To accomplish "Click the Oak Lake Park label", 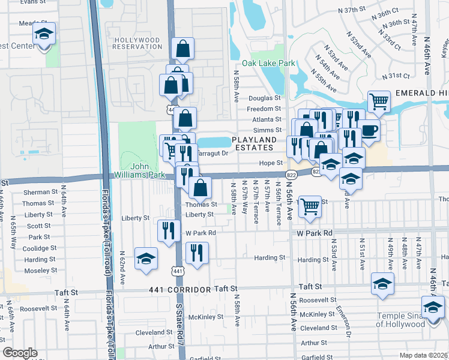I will tap(268, 63).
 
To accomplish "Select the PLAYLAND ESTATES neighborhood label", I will tap(253, 143).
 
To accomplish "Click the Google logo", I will tap(20, 353).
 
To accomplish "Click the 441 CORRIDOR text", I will tap(180, 290).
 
